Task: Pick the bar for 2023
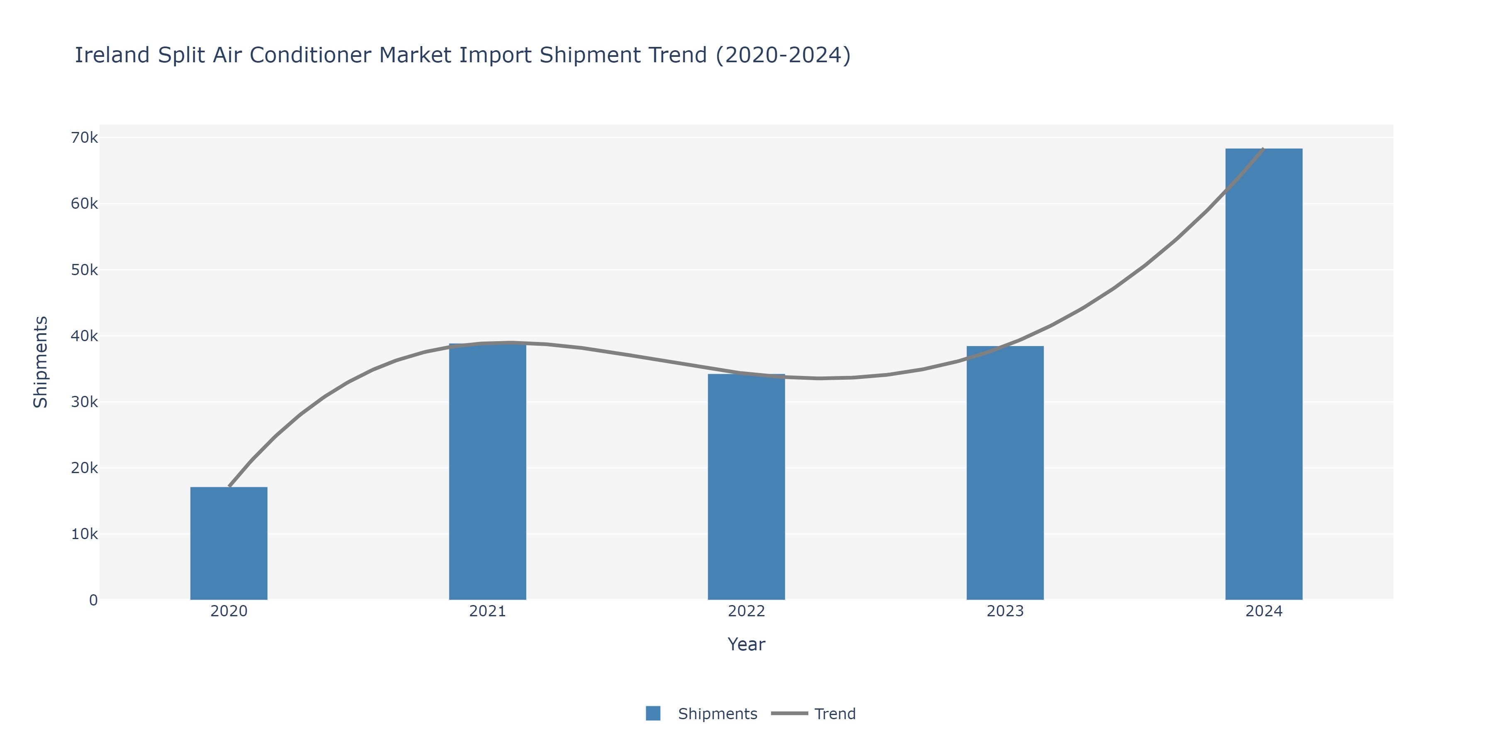(x=1005, y=473)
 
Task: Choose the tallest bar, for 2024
(x=1264, y=374)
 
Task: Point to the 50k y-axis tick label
(x=84, y=270)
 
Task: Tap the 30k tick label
(x=84, y=402)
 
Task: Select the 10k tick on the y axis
(x=84, y=534)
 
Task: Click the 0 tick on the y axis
(x=93, y=600)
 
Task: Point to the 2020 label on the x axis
(x=229, y=611)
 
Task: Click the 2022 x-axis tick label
(x=746, y=611)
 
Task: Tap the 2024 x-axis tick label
(x=1264, y=611)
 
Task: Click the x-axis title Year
(x=746, y=644)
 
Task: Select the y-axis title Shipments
(x=41, y=362)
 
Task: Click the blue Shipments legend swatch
(x=653, y=713)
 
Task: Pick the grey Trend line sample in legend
(x=789, y=713)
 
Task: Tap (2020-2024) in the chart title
(x=783, y=55)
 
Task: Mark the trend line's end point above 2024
(x=1263, y=149)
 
